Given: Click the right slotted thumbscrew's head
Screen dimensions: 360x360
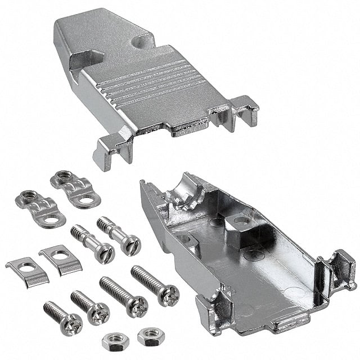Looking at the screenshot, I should pos(130,244).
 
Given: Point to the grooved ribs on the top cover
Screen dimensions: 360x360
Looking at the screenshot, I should pos(146,84).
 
